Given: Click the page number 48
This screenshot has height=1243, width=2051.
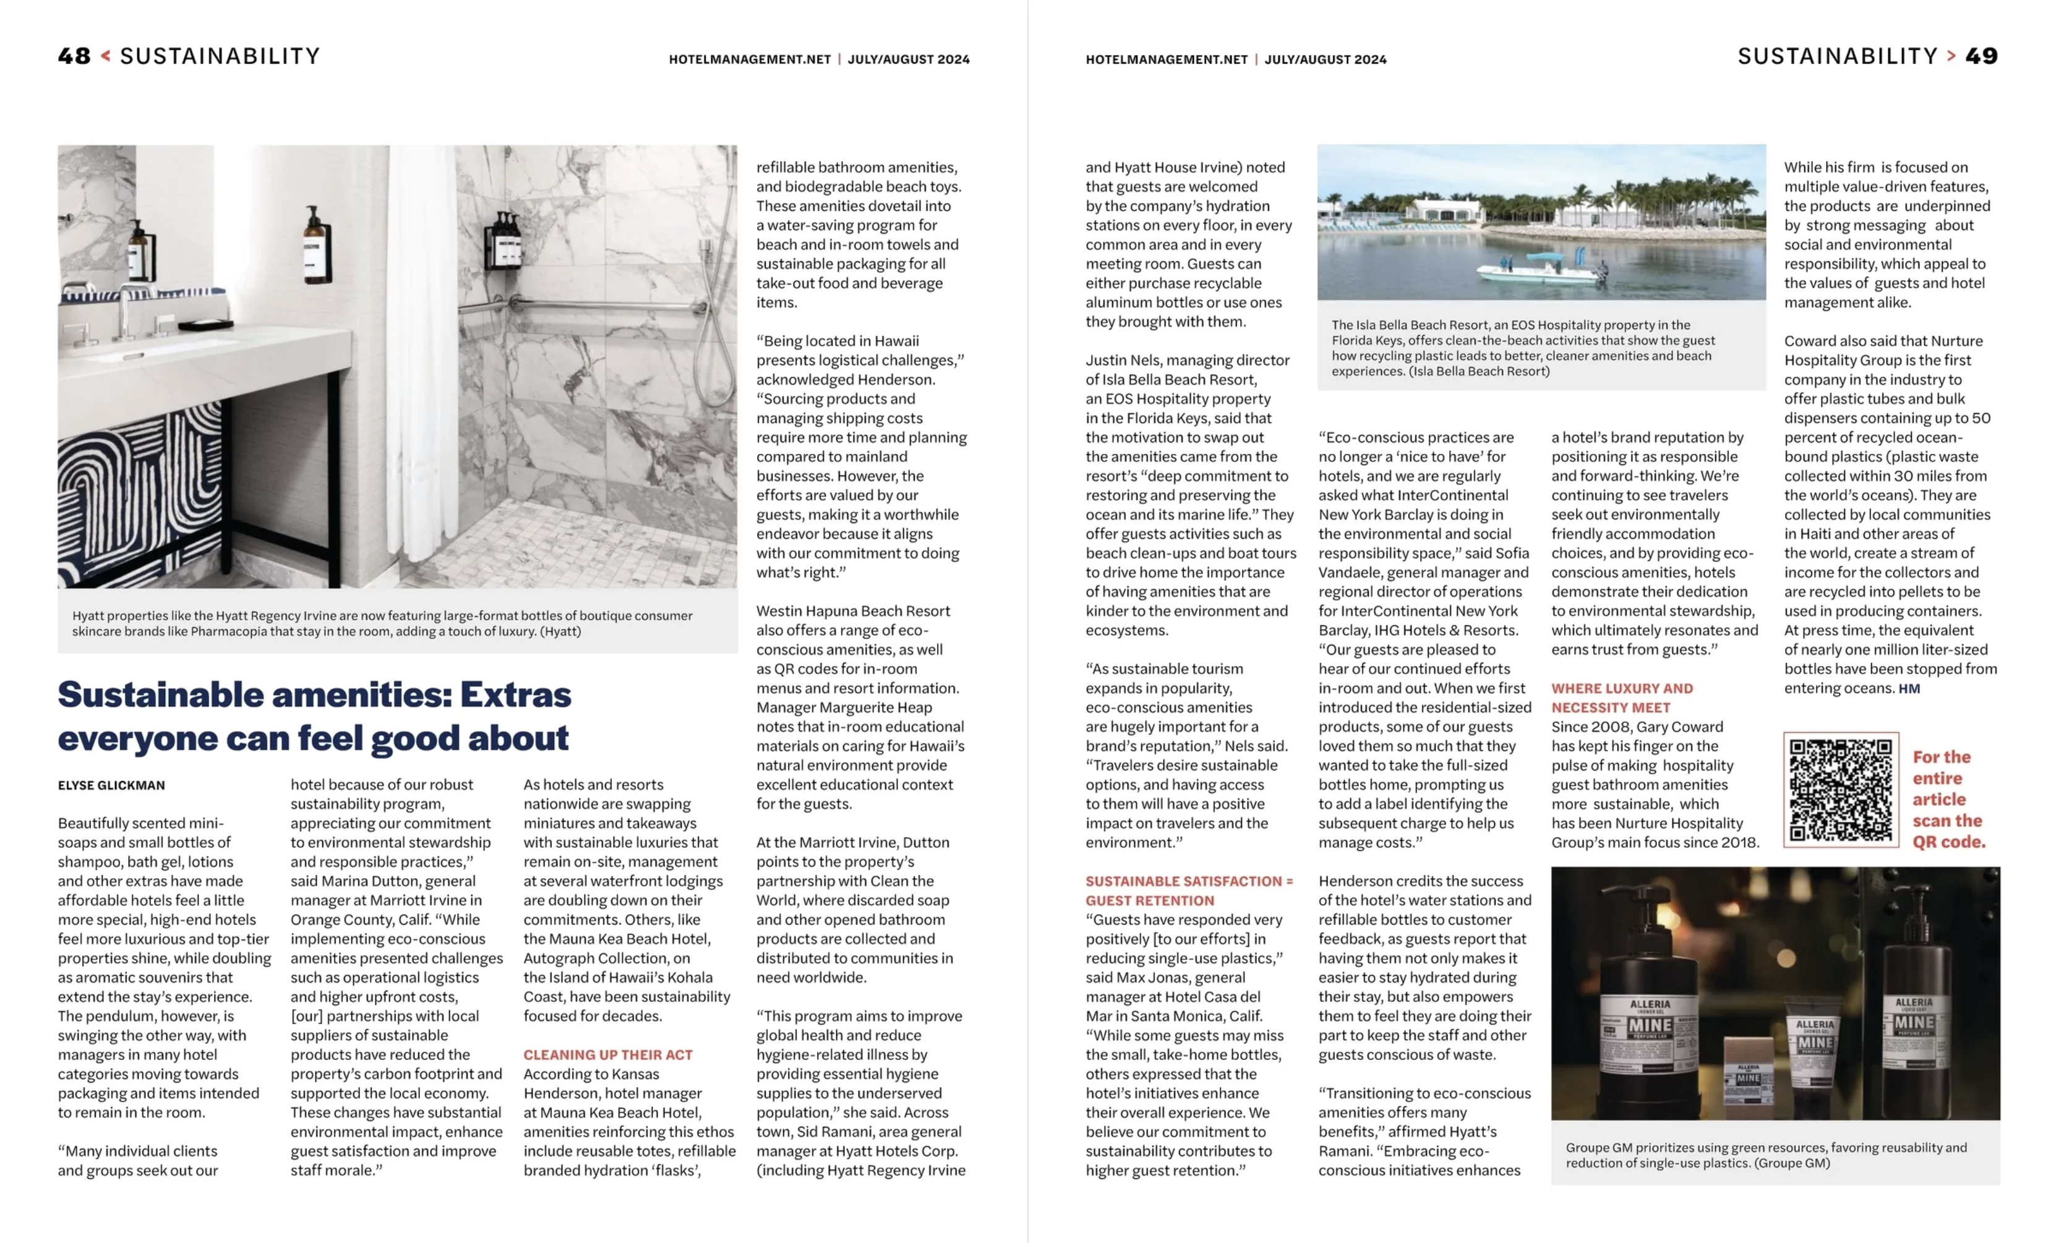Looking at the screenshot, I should tap(74, 56).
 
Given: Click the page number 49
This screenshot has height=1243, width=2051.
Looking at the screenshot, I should tap(1981, 56).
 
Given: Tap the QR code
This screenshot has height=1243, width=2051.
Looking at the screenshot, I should tap(1841, 790).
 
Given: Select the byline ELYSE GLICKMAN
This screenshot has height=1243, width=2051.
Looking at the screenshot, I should tap(111, 785).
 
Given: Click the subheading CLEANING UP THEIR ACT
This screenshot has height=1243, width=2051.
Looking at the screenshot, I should tap(607, 1055).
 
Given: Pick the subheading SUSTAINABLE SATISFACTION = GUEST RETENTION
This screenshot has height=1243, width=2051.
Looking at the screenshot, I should tap(1189, 891).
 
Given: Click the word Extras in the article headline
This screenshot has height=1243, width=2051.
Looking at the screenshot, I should tap(515, 694).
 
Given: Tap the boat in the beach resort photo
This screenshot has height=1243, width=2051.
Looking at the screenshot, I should tap(1540, 268).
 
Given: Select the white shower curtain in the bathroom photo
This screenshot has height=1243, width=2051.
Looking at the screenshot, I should tap(421, 358).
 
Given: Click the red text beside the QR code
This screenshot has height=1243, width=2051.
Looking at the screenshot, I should tap(1948, 799).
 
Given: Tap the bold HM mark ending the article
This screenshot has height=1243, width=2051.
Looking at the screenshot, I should tap(1909, 689).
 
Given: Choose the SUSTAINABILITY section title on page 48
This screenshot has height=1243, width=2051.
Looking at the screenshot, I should tap(220, 56).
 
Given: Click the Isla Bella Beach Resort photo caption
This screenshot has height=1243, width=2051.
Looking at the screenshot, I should tap(1523, 348).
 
